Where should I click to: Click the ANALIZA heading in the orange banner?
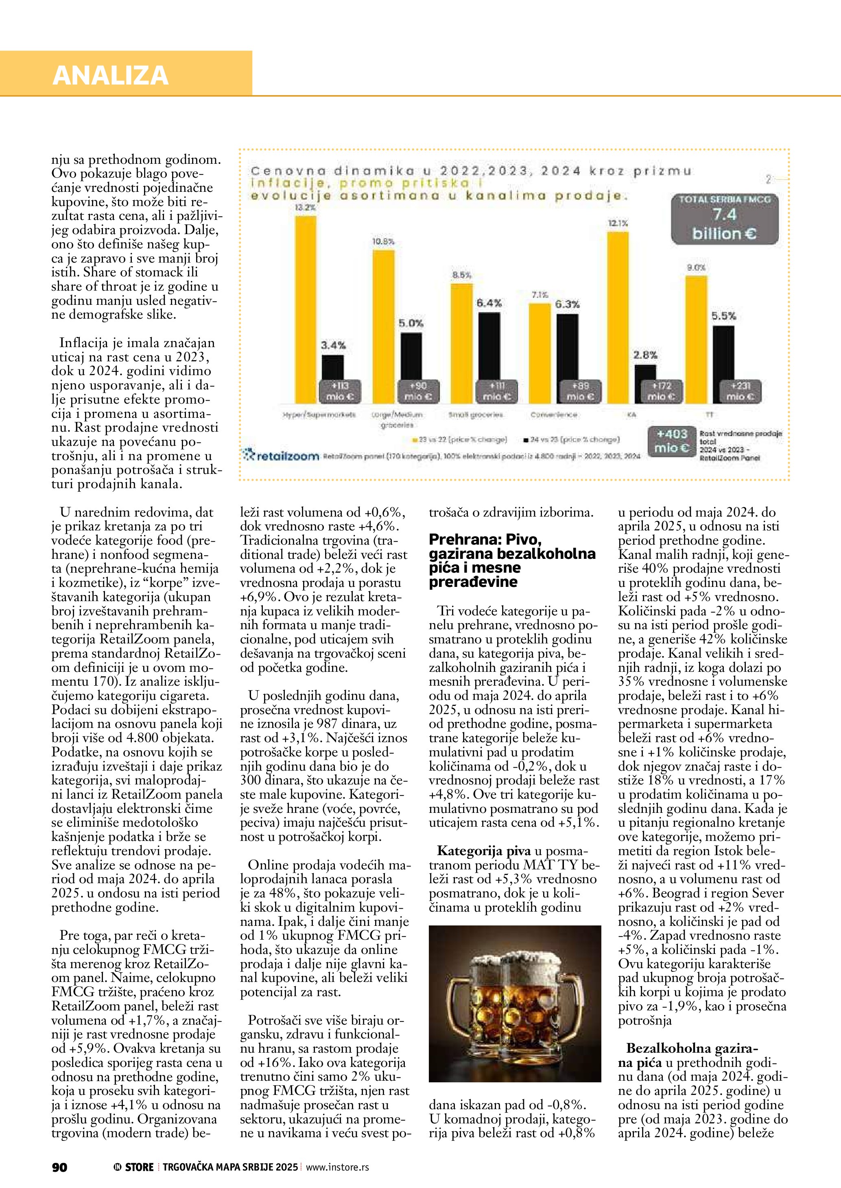110,75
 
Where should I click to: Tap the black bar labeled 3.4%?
332,368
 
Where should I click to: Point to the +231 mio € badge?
740,391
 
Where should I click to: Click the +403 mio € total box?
672,441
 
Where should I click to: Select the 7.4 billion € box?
725,219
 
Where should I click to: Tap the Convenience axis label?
554,415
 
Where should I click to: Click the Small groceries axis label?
475,415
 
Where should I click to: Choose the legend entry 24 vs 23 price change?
571,439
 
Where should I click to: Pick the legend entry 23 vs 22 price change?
459,439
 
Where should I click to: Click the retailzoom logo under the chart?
281,455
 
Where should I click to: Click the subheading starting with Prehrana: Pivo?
512,560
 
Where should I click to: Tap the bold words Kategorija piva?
484,851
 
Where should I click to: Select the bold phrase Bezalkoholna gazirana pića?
691,1055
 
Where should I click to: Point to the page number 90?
59,1167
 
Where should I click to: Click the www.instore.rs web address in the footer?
337,1167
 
